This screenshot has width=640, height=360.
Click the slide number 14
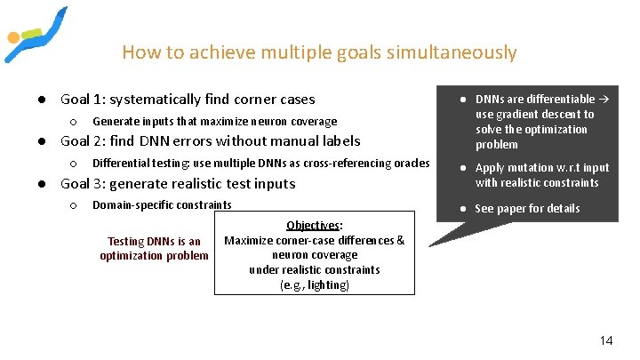click(606, 340)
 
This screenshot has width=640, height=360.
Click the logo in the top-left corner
click(35, 34)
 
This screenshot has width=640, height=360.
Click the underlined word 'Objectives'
click(313, 226)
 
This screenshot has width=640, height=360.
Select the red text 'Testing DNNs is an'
click(154, 242)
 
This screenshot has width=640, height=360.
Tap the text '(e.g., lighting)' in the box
click(314, 285)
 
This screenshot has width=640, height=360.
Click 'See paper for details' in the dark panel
click(527, 209)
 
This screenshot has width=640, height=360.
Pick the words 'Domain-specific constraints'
click(162, 205)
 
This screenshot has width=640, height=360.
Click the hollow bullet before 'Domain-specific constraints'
click(73, 205)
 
